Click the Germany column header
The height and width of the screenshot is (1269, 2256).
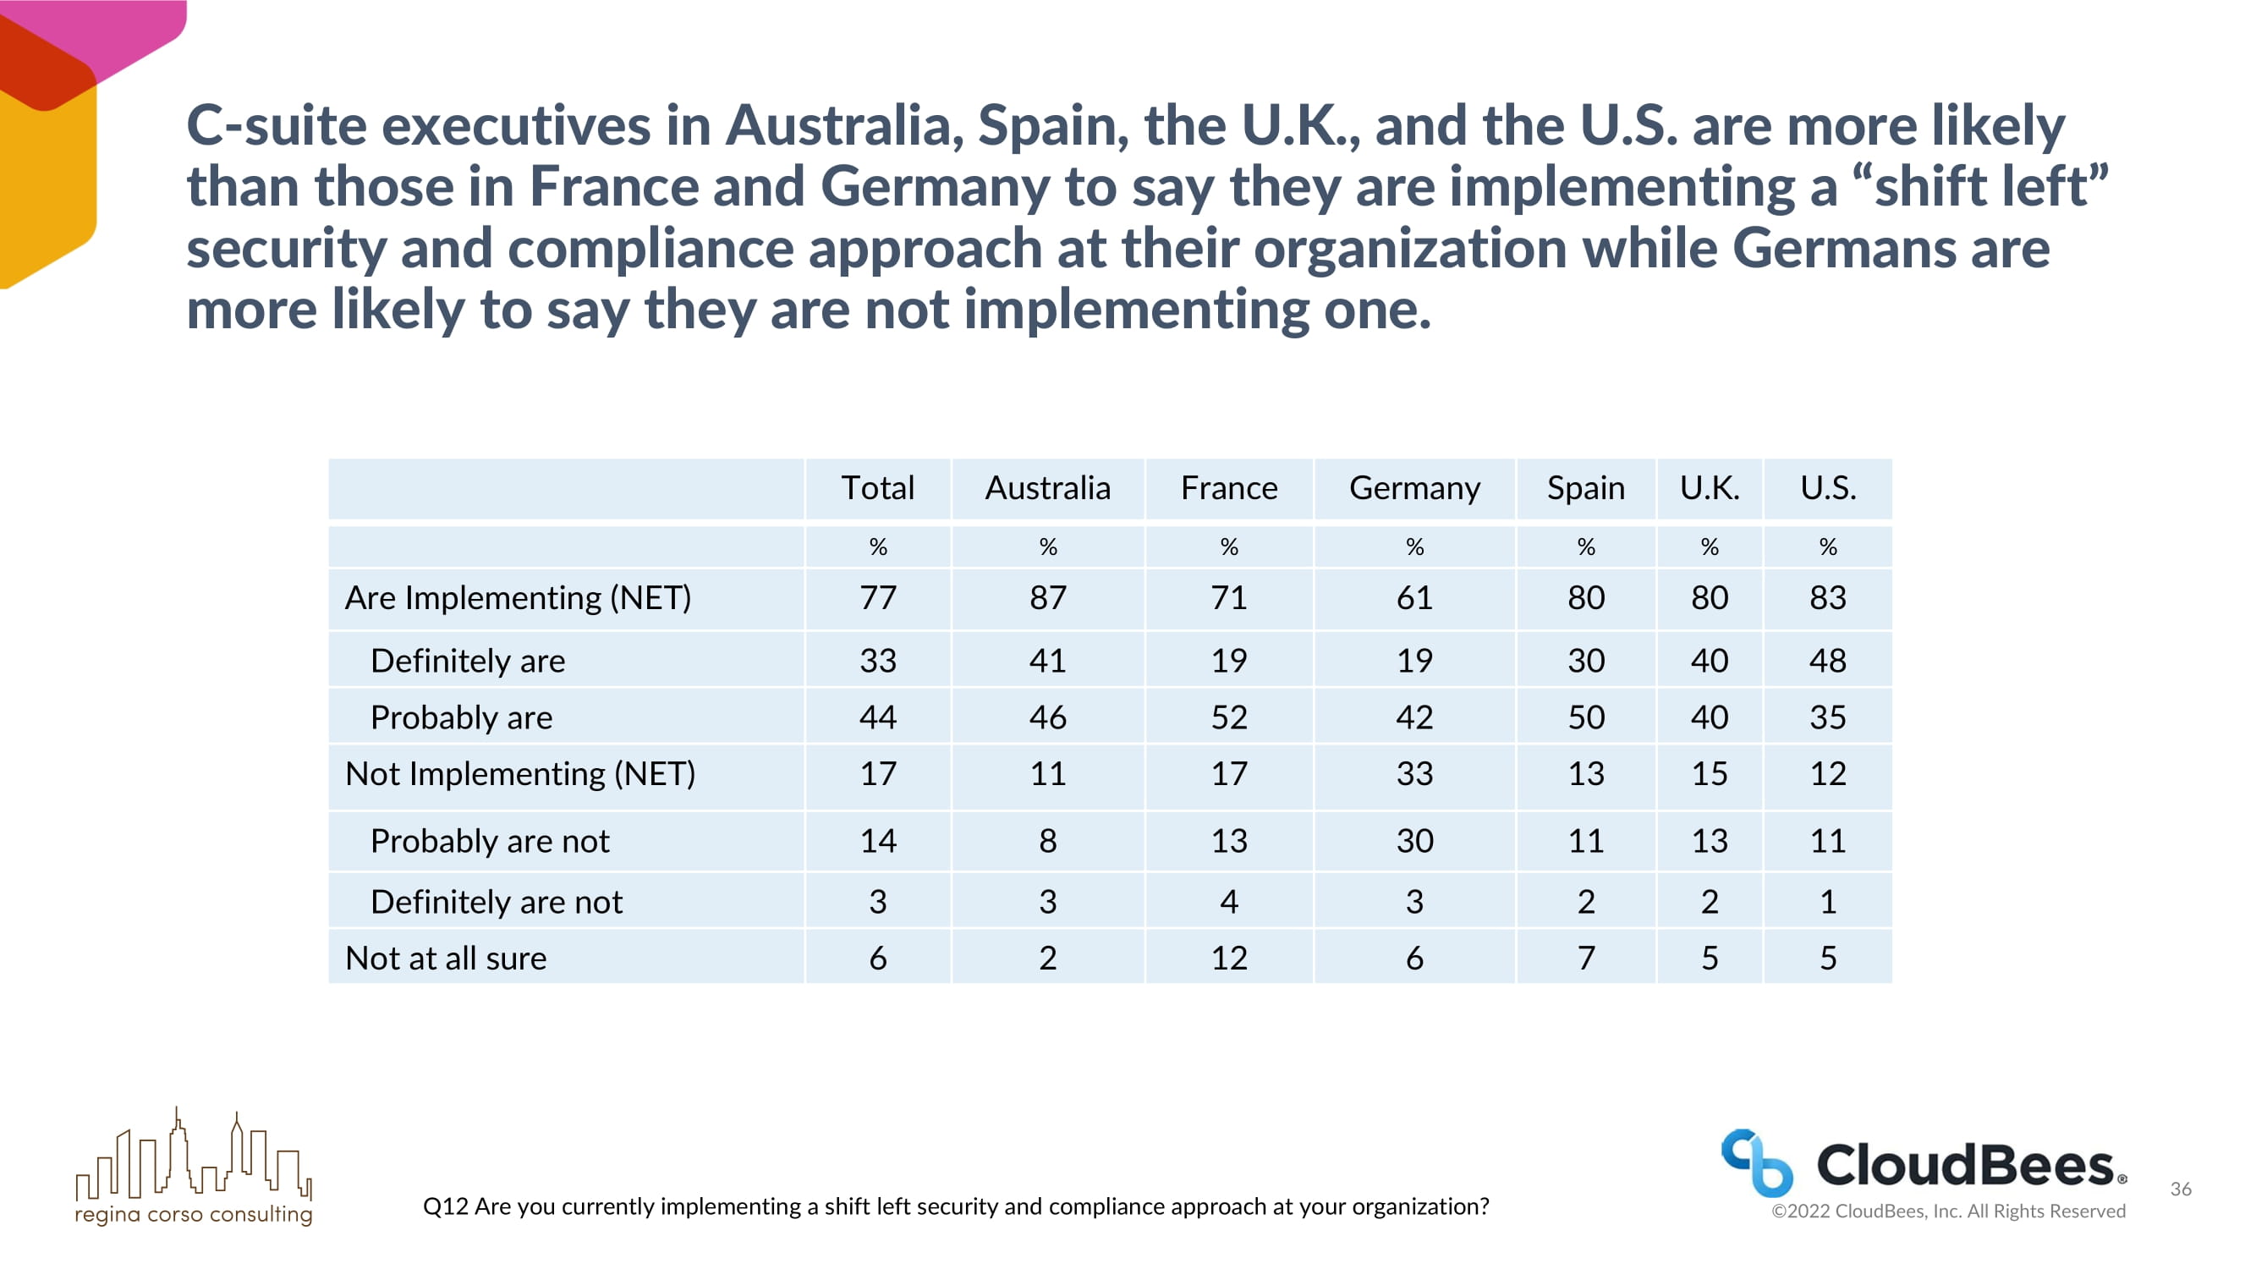coord(1414,488)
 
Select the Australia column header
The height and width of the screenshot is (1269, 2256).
coord(1047,487)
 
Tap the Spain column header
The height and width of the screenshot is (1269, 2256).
coord(1585,489)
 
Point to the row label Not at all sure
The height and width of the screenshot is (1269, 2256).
coord(446,959)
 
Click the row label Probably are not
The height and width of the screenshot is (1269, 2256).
coord(490,841)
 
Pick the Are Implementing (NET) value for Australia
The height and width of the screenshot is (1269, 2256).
coord(1047,597)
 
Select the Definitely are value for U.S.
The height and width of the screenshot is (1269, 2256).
coord(1828,661)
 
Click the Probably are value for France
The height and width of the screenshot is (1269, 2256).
coord(1229,717)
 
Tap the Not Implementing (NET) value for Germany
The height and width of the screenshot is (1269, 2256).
coord(1414,773)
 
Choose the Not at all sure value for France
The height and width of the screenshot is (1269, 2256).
coord(1229,959)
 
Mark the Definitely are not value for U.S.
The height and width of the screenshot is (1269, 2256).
coord(1828,901)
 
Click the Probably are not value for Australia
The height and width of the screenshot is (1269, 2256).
coord(1047,841)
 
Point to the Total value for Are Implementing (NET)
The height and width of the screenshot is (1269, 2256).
coord(877,597)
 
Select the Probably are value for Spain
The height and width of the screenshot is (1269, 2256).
coord(1585,717)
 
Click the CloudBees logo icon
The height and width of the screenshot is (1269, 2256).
coord(1757,1162)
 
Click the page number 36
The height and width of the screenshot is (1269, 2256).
coord(2181,1189)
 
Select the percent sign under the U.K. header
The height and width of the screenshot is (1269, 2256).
coord(1709,547)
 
